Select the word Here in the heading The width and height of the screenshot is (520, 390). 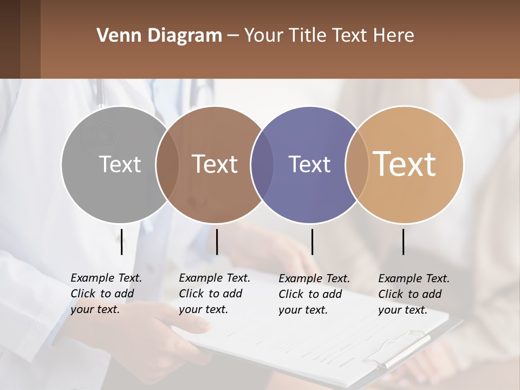395,36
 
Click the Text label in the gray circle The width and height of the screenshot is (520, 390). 120,164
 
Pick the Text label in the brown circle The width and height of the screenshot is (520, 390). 215,164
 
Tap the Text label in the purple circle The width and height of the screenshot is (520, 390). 309,164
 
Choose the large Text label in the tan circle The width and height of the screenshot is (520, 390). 405,164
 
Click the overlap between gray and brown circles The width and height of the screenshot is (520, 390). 167,164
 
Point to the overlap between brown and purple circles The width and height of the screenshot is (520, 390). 262,164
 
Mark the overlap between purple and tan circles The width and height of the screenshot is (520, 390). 357,164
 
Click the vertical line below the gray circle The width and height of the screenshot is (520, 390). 121,242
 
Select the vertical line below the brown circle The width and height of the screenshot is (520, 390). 217,242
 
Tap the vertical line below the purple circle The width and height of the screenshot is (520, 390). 312,242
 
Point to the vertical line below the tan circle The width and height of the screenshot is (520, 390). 403,242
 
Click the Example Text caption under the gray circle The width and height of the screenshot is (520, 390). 106,294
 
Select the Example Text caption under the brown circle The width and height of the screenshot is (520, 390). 214,294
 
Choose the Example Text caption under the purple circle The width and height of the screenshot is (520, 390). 314,294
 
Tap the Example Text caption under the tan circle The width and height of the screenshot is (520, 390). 414,294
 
